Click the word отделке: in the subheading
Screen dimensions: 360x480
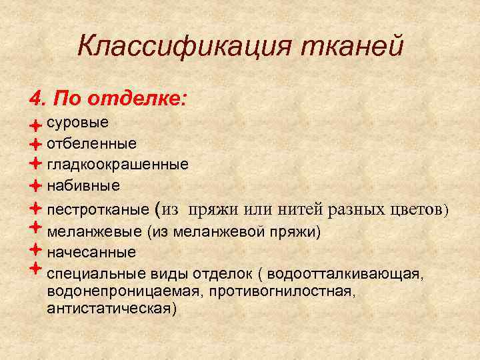141,101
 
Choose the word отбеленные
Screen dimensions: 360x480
92,143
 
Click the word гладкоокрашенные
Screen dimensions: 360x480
118,163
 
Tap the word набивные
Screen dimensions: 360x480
84,184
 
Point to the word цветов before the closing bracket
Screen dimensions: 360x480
417,209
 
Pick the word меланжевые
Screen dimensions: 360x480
94,233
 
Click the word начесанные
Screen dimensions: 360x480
92,253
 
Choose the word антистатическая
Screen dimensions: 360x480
113,309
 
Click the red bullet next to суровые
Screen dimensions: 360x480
35,125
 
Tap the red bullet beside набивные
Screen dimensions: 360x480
35,184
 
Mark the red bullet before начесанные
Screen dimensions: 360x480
35,251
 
